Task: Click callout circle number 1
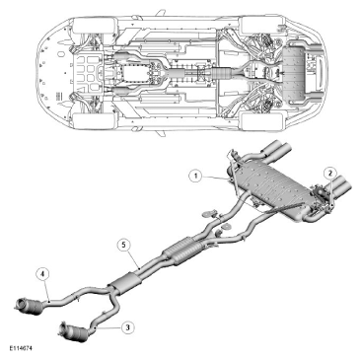coord(196,176)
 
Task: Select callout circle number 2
coord(330,172)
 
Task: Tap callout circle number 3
coord(127,327)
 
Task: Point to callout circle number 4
coord(43,273)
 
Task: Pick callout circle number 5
coord(123,245)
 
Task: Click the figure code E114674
coord(21,348)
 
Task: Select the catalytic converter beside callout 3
coord(74,331)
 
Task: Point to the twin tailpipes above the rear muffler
coord(276,152)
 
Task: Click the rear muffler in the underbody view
coord(294,75)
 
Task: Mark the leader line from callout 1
coord(214,178)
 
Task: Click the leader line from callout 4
coord(46,290)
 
